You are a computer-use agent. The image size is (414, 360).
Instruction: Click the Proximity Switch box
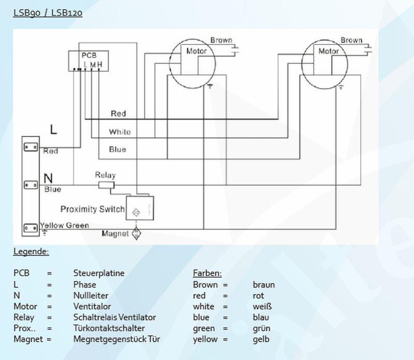click(x=140, y=208)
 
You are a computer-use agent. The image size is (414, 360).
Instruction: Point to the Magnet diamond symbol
click(x=137, y=233)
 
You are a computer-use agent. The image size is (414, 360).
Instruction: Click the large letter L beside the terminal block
click(x=53, y=130)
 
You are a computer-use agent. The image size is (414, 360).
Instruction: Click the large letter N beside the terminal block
click(x=48, y=178)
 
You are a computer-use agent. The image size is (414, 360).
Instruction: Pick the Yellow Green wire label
click(x=64, y=226)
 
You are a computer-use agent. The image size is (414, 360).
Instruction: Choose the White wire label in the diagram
click(x=120, y=132)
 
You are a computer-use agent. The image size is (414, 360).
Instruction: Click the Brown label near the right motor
click(x=351, y=40)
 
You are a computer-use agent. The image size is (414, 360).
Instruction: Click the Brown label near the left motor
click(x=221, y=40)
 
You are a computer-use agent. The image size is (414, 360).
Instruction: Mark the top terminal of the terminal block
click(x=30, y=147)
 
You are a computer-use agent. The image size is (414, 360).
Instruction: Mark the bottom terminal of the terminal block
click(x=30, y=228)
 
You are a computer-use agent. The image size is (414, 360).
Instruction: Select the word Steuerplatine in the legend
click(x=99, y=273)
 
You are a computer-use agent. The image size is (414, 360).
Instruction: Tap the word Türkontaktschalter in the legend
click(x=109, y=328)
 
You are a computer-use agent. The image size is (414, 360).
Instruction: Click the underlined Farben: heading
click(x=207, y=273)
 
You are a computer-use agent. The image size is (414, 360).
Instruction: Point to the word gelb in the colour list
click(x=261, y=339)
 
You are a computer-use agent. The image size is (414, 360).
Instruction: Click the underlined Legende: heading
click(x=31, y=252)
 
